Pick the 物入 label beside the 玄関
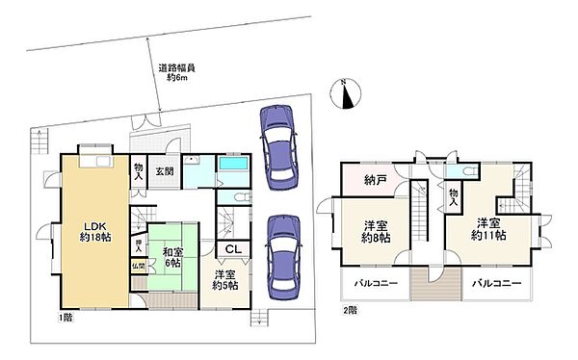point(139,172)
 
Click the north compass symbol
point(347,95)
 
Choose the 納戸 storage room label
point(375,179)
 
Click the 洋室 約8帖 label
point(376,233)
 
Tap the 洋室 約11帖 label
point(488,227)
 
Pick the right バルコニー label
point(496,284)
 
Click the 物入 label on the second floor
point(455,196)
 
